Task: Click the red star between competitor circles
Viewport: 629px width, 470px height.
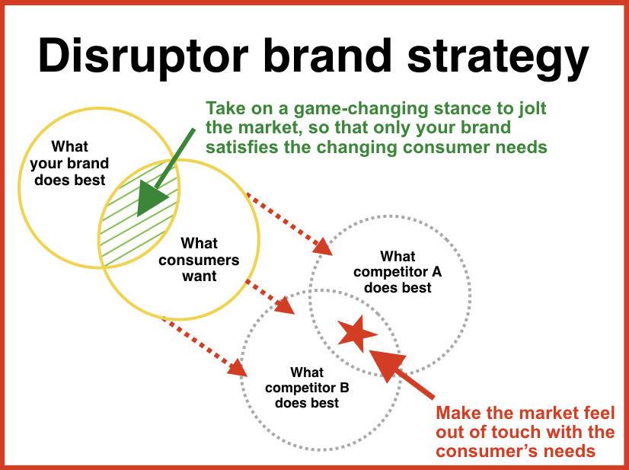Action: [x=357, y=333]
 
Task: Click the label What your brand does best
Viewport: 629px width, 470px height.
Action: [x=69, y=163]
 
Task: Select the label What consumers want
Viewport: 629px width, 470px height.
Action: [x=199, y=260]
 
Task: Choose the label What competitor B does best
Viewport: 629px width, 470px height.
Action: [x=307, y=388]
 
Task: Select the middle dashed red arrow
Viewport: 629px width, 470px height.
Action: [x=270, y=296]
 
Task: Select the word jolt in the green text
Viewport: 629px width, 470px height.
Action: [x=532, y=109]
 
